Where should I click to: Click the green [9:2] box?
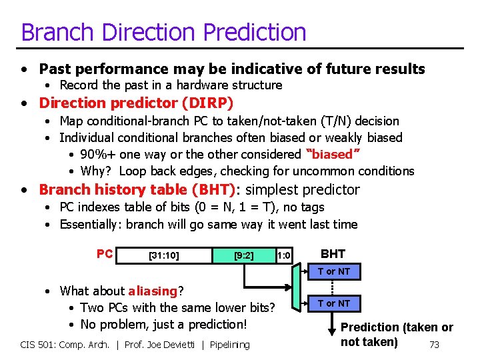pyautogui.click(x=243, y=255)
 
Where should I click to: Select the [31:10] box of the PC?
pyautogui.click(x=163, y=255)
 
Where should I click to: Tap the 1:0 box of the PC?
pyautogui.click(x=284, y=255)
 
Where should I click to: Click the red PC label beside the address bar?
pyautogui.click(x=105, y=254)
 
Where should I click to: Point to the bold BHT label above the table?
pyautogui.click(x=333, y=254)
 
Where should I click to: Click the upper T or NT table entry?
pyautogui.click(x=333, y=271)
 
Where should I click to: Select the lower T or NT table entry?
pyautogui.click(x=333, y=303)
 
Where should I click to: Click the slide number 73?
pyautogui.click(x=434, y=345)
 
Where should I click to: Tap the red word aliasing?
pyautogui.click(x=153, y=291)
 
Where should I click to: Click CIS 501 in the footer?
pyautogui.click(x=40, y=345)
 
